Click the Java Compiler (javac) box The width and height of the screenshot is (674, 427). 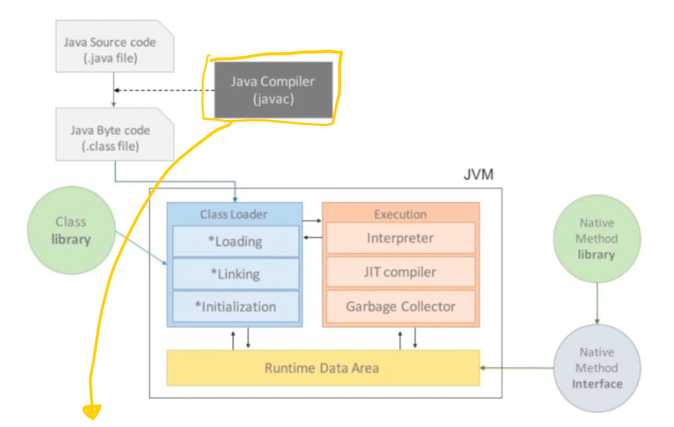(x=273, y=89)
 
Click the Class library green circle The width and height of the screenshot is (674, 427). (x=71, y=230)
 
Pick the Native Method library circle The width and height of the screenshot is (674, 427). (x=597, y=238)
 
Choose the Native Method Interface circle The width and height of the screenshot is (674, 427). (x=597, y=368)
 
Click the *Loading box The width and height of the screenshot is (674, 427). (x=235, y=241)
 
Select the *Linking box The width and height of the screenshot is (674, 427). (x=235, y=274)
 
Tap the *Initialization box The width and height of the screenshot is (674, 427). (x=235, y=306)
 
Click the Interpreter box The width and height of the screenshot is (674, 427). (x=400, y=238)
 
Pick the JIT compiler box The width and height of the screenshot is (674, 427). (x=400, y=272)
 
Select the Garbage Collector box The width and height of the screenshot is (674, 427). (x=400, y=306)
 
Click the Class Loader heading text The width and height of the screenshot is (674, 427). (x=233, y=214)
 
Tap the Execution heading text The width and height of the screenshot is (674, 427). (x=400, y=214)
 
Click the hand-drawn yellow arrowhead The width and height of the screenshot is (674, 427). (x=92, y=411)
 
